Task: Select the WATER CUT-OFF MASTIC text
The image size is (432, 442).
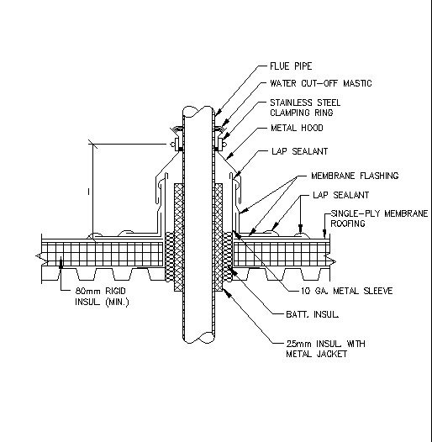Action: pos(320,83)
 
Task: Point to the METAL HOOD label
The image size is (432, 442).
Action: pos(295,128)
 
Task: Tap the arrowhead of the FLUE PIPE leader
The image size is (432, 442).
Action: pos(216,115)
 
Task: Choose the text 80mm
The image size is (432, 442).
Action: pos(88,290)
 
